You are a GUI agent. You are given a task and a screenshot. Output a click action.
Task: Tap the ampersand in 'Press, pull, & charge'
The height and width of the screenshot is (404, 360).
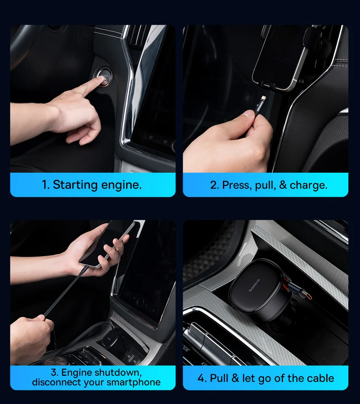[x=283, y=185]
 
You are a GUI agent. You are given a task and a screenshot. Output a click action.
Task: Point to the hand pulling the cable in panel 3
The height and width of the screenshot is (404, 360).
[x=31, y=335]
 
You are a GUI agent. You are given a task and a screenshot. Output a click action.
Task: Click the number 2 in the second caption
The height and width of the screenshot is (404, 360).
[x=213, y=185]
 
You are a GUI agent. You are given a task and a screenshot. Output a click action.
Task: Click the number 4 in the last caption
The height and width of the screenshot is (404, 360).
[x=201, y=378]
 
